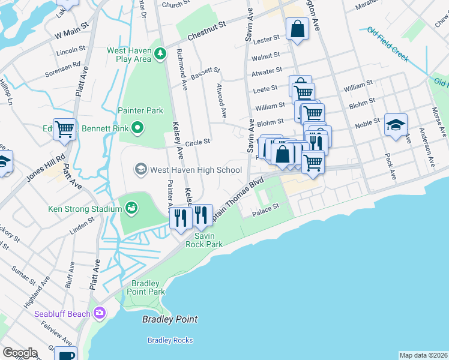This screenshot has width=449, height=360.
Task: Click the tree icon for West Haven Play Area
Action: coord(160,55)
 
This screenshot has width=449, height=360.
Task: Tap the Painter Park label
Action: coord(140,110)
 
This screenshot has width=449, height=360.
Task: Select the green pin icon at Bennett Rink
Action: coord(137,127)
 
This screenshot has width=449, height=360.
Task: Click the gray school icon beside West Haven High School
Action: coord(140,169)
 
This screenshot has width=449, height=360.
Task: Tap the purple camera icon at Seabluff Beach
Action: coord(99,313)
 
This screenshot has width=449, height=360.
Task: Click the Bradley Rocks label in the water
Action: coord(170,340)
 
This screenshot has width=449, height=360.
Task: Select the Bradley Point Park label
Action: coord(145,287)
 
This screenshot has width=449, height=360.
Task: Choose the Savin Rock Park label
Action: coord(204,240)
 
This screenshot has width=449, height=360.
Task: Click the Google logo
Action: coord(20,353)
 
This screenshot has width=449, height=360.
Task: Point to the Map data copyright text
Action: coord(423,355)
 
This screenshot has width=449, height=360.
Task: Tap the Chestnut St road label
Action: coord(206,28)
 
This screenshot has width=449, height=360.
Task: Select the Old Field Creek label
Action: coord(388,44)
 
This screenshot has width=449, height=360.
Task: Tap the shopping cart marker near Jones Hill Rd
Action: coord(65,129)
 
